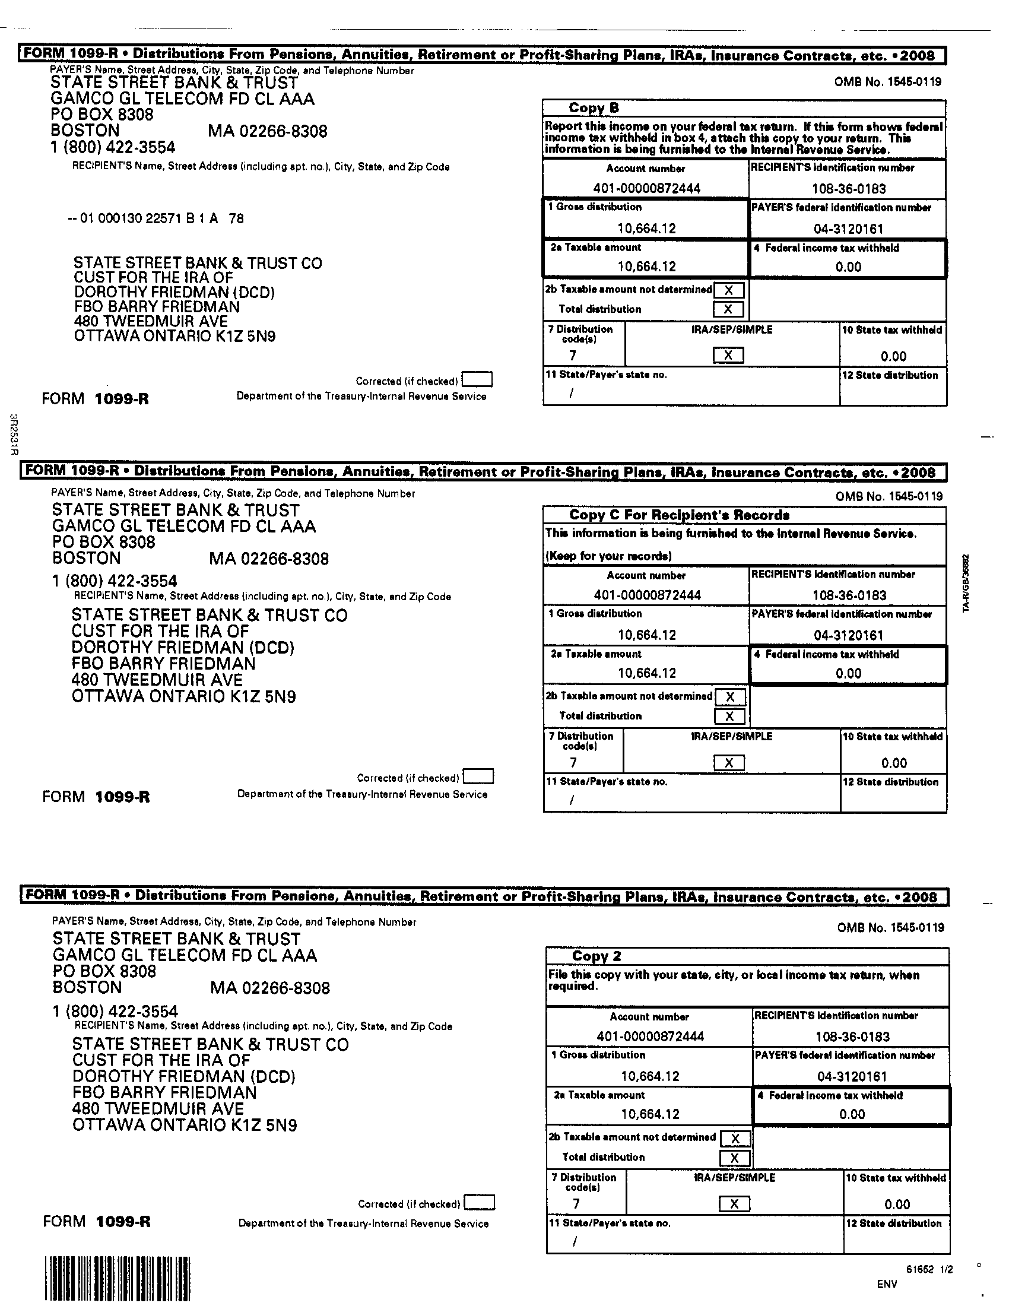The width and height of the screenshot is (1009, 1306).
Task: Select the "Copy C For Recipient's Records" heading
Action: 679,515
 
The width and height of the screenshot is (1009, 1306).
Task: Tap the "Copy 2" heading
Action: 596,956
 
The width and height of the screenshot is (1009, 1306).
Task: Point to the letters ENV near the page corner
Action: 887,1283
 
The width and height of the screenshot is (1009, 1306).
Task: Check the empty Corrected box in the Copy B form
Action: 478,380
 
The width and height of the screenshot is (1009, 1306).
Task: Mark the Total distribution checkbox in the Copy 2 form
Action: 735,1158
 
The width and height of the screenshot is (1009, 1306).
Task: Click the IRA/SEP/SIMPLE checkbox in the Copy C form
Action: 729,763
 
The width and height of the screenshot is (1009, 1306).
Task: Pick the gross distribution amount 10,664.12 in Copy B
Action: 647,229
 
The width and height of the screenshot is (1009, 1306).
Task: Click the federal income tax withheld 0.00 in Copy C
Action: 848,673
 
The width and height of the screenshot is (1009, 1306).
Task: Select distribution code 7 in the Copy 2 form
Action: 576,1204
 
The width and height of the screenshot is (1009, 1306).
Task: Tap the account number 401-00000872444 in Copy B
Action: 647,188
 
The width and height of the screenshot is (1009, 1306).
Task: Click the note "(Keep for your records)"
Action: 608,556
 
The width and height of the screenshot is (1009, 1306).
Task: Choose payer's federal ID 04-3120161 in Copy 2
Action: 852,1076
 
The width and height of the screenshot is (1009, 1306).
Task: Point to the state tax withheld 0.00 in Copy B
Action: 893,356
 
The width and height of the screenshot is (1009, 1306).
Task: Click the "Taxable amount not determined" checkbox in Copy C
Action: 730,697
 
